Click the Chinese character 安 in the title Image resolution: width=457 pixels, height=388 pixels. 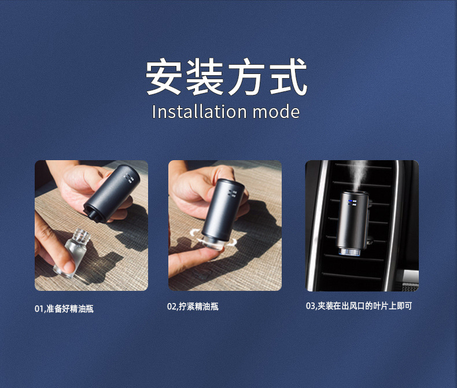coord(165,77)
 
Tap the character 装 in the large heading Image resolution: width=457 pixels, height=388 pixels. coord(205,77)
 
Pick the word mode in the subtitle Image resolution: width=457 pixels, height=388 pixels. coord(277,112)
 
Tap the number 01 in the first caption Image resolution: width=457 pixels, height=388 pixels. coord(39,309)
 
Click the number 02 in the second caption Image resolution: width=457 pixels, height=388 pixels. coord(172,306)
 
